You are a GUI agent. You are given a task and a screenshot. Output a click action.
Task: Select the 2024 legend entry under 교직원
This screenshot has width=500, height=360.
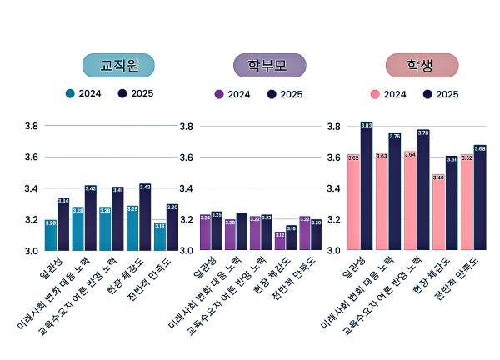click(84, 93)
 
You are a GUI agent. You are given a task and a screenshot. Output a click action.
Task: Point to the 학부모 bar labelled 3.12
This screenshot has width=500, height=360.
click(279, 242)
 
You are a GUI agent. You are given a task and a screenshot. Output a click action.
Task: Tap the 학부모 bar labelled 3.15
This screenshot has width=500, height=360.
click(291, 238)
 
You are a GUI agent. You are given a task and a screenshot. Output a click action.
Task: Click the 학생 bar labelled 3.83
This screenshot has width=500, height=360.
click(367, 187)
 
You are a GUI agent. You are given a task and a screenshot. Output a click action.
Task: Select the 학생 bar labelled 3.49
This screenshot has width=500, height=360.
click(438, 213)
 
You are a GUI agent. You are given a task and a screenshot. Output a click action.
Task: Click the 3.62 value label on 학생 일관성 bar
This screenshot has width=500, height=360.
click(353, 157)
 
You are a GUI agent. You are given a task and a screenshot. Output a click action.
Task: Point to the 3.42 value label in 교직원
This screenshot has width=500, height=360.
click(91, 188)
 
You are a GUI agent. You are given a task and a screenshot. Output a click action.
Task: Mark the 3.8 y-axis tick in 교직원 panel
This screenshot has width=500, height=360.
click(32, 126)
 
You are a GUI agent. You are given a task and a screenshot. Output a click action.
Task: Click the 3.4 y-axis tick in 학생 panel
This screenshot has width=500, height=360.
click(333, 188)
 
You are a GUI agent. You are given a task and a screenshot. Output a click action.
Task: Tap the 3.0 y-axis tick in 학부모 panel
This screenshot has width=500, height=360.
click(185, 250)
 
